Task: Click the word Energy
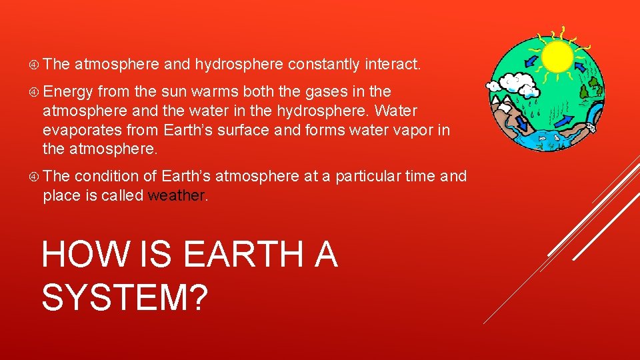click(69, 91)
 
